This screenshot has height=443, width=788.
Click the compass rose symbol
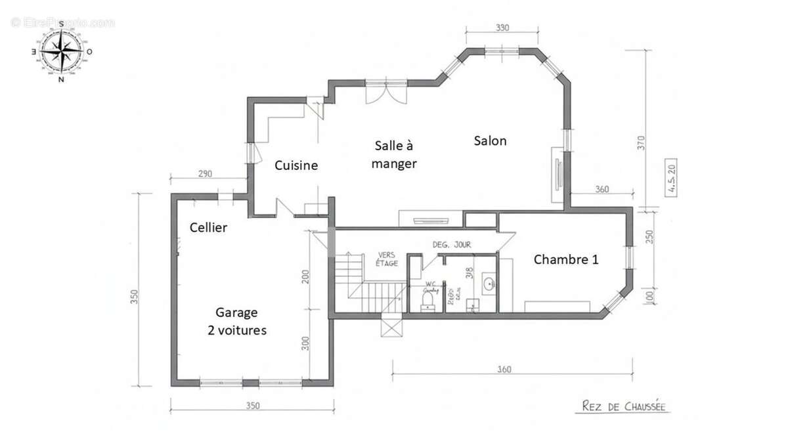pos(61,51)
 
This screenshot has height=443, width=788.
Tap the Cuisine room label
pos(296,165)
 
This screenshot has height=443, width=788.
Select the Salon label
pos(490,140)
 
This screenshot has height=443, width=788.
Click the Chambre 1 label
pos(565,259)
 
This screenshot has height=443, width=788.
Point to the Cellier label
pos(208,228)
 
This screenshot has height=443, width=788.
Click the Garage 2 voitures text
pos(237,322)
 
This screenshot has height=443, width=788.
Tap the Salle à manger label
pos(394,154)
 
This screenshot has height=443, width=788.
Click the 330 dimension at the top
pos(502,28)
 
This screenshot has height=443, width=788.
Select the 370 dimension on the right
pos(641,143)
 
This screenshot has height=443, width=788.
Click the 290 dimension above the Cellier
pos(205,174)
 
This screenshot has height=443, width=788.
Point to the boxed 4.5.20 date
pos(672,178)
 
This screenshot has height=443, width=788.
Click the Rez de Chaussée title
pos(624,407)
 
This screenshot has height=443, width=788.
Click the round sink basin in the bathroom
pos(488,284)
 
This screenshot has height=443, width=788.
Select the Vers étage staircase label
pos(387,259)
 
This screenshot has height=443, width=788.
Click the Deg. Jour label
pos(451,244)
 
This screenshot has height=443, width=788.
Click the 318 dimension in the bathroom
pos(469,273)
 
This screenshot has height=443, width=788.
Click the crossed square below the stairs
pos(391,326)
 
